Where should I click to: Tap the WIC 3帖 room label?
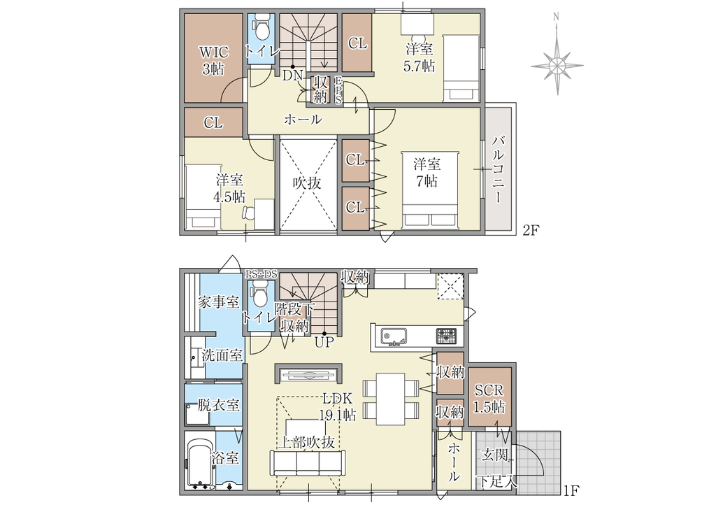[213, 60]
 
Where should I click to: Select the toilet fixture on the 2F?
[262, 28]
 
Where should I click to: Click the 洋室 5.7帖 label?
[419, 57]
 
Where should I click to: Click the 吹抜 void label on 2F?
[307, 183]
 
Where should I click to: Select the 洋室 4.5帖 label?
[229, 188]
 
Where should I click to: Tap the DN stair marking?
[292, 76]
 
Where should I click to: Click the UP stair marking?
[324, 342]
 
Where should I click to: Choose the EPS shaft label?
[338, 90]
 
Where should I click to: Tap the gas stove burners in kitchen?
[446, 336]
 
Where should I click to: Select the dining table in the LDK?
[390, 399]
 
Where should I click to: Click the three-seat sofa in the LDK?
[307, 464]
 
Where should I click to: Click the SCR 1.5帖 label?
[489, 399]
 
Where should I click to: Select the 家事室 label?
[218, 302]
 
